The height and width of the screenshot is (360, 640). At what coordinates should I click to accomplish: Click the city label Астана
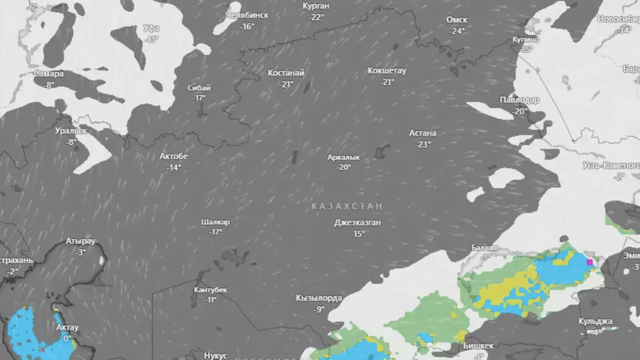[423, 133]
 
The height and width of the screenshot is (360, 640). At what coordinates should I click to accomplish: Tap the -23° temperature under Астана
[423, 144]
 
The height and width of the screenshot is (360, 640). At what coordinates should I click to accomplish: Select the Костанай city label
[286, 73]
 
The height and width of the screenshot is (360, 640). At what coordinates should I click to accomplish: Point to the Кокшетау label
[387, 71]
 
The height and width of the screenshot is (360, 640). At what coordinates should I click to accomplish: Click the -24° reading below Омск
[457, 31]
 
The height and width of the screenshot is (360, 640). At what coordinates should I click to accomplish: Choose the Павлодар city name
[519, 100]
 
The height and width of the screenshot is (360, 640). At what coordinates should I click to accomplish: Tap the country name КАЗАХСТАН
[347, 206]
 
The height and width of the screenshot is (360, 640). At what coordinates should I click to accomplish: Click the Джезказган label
[357, 223]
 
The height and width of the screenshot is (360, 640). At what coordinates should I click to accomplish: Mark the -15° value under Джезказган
[357, 234]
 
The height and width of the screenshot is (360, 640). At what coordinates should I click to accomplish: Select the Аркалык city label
[344, 157]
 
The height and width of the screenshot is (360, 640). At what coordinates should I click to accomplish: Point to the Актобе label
[174, 156]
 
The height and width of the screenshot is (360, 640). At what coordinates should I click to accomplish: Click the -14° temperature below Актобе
[174, 167]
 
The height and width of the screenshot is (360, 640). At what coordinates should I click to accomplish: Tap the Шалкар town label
[216, 222]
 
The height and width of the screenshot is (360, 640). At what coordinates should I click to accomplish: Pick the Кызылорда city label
[319, 298]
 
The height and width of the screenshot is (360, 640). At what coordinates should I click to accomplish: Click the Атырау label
[81, 241]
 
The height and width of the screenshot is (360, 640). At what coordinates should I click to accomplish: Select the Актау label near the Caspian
[68, 327]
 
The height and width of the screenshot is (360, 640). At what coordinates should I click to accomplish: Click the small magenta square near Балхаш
[590, 262]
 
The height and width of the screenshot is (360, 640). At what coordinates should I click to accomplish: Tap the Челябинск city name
[247, 15]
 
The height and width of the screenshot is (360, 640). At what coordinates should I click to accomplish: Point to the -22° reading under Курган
[316, 17]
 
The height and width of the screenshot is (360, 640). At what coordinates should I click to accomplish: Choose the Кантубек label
[211, 289]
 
